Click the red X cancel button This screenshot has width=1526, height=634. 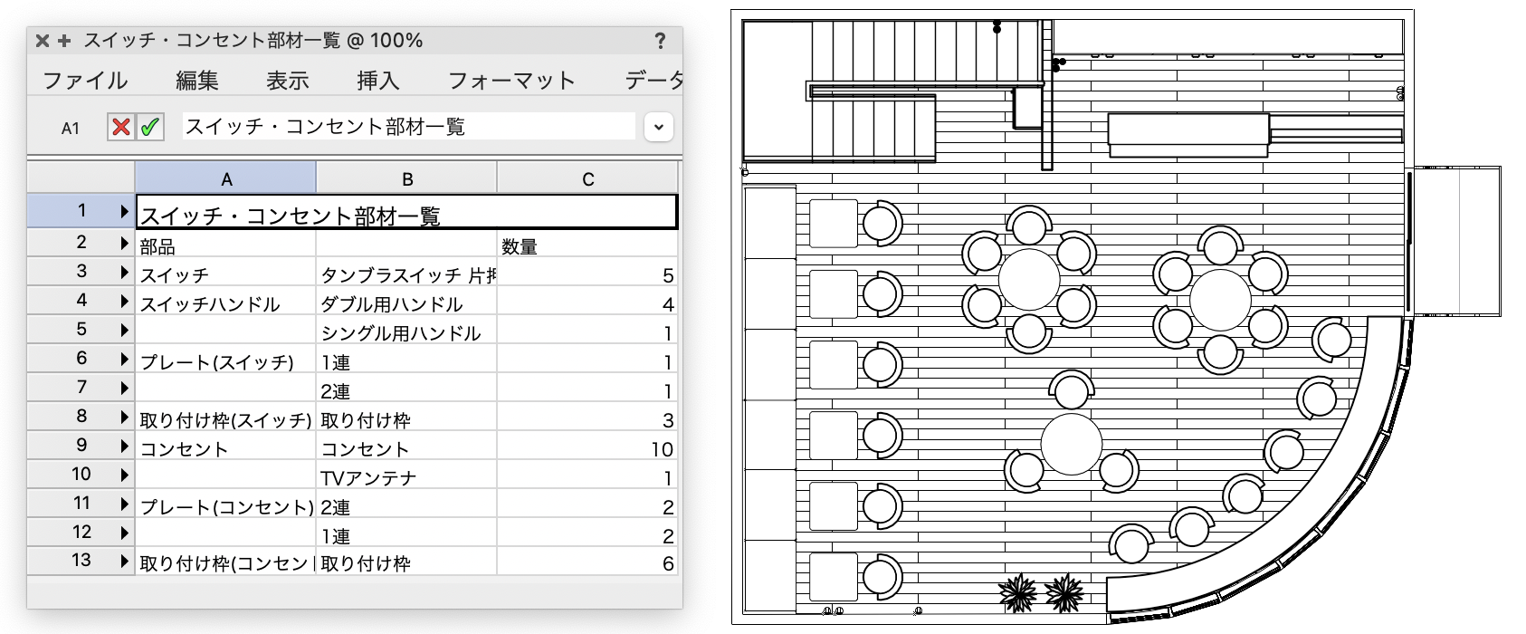point(120,127)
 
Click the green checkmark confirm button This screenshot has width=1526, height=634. point(149,127)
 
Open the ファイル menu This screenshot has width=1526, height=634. point(85,81)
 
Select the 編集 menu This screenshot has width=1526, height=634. point(197,81)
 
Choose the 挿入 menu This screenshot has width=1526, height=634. point(378,81)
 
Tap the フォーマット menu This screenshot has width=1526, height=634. point(511,81)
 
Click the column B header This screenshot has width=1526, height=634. point(407,178)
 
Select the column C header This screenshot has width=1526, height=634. point(588,178)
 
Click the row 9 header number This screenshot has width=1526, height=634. point(81,445)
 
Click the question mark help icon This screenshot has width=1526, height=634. point(660,41)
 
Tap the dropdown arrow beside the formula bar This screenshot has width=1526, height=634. point(659,127)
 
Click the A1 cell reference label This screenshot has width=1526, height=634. point(71,129)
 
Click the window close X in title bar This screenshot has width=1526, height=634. point(42,41)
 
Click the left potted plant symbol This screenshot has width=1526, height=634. point(1019,593)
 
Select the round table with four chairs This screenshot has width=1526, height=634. point(1072,444)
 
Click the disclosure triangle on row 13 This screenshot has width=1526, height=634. point(124,561)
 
